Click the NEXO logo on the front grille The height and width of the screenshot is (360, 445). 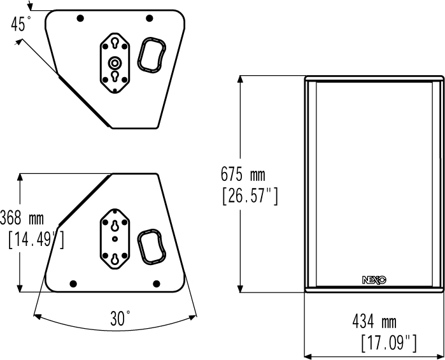click(x=374, y=280)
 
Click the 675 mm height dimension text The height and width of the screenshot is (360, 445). click(x=243, y=174)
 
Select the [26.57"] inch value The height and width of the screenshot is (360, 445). click(x=250, y=196)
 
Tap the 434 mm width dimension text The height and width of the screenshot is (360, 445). click(x=374, y=322)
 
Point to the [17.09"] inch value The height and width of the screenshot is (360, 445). click(x=389, y=343)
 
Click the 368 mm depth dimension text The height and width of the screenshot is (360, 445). click(x=22, y=218)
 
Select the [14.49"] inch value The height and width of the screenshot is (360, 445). click(x=36, y=240)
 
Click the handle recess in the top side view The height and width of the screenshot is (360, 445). click(x=152, y=55)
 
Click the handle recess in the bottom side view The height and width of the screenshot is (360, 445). click(x=152, y=247)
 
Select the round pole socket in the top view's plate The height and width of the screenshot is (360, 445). click(x=115, y=63)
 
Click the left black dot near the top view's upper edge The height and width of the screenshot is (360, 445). click(x=81, y=18)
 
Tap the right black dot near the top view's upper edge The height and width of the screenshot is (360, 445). click(x=150, y=18)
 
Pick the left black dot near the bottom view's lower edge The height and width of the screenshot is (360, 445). click(x=73, y=284)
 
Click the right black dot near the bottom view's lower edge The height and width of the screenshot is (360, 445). click(x=157, y=284)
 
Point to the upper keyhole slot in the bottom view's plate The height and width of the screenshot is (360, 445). click(x=115, y=226)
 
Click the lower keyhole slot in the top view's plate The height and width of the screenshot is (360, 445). click(x=115, y=76)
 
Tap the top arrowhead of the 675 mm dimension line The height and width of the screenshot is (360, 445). click(x=241, y=79)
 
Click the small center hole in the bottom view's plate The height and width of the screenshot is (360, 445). click(x=115, y=239)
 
